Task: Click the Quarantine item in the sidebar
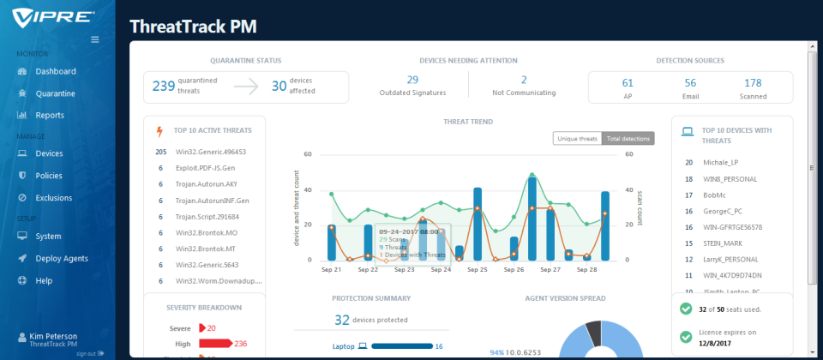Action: pos(55,93)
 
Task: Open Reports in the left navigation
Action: pos(50,115)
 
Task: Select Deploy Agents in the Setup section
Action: pos(62,258)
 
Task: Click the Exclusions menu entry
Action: pos(53,198)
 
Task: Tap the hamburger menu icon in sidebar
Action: pos(95,39)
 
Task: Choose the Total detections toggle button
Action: pos(628,138)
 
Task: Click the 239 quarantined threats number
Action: pos(164,86)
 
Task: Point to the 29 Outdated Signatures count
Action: pos(412,80)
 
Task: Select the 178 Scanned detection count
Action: pos(753,82)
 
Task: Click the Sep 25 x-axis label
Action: pos(478,269)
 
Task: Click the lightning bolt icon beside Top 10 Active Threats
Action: pos(159,131)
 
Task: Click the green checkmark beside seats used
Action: pos(685,309)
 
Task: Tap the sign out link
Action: pos(86,353)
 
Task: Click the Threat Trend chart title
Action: pos(467,122)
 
